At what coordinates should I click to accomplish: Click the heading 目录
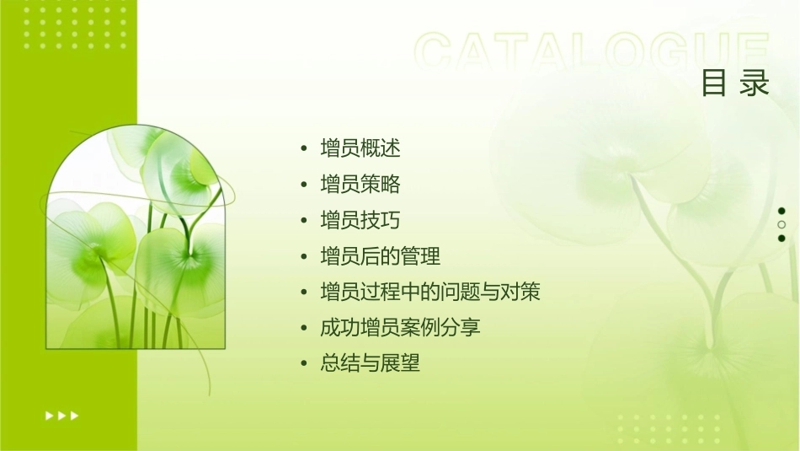[x=735, y=83]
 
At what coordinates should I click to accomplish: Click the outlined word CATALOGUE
[x=592, y=52]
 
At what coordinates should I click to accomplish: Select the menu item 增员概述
[x=360, y=149]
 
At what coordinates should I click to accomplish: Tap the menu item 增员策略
[x=360, y=185]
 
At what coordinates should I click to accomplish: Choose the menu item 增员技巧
[x=360, y=221]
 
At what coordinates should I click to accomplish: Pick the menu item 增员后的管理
[x=380, y=256]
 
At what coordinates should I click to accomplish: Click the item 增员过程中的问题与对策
[x=429, y=293]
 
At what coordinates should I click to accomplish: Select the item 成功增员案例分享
[x=400, y=328]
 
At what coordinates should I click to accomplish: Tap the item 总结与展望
[x=370, y=364]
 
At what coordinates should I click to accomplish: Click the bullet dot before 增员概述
[x=304, y=149]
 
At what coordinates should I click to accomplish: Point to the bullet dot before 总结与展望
[x=304, y=364]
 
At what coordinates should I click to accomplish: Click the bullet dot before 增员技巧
[x=304, y=221]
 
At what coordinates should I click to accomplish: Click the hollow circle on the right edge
[x=781, y=224]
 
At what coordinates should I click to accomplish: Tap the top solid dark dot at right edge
[x=781, y=211]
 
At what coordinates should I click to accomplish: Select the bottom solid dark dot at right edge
[x=781, y=239]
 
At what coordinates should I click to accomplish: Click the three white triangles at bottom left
[x=62, y=415]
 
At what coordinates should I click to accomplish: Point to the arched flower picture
[x=136, y=238]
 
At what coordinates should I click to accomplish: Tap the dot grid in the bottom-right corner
[x=666, y=429]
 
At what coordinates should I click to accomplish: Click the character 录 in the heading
[x=755, y=83]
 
